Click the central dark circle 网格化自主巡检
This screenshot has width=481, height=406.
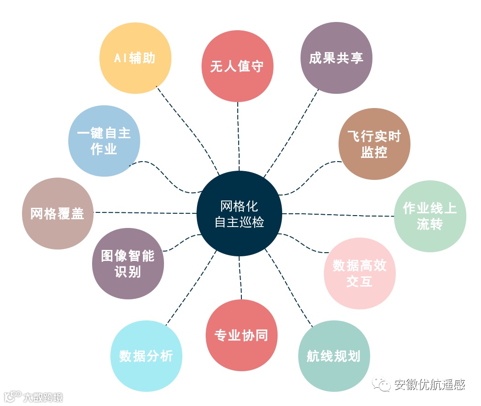tap(239, 214)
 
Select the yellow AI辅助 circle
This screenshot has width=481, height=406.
tap(135, 58)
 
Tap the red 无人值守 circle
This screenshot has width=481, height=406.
tap(237, 66)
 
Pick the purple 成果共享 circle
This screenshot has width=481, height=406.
tap(336, 58)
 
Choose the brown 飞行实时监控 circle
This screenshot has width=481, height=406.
tap(374, 144)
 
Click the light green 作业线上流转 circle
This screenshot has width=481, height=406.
tap(430, 216)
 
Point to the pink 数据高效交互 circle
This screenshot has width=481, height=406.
tap(360, 273)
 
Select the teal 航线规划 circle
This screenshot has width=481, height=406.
tap(333, 356)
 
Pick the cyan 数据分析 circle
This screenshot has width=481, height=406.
tap(147, 356)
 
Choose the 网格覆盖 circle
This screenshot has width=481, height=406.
tap(58, 213)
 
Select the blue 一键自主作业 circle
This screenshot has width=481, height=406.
tap(104, 141)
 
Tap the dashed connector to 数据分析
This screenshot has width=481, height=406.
tap(190, 288)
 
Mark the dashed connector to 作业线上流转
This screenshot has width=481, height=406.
tap(339, 214)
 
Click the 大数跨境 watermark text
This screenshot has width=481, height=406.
tap(44, 396)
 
